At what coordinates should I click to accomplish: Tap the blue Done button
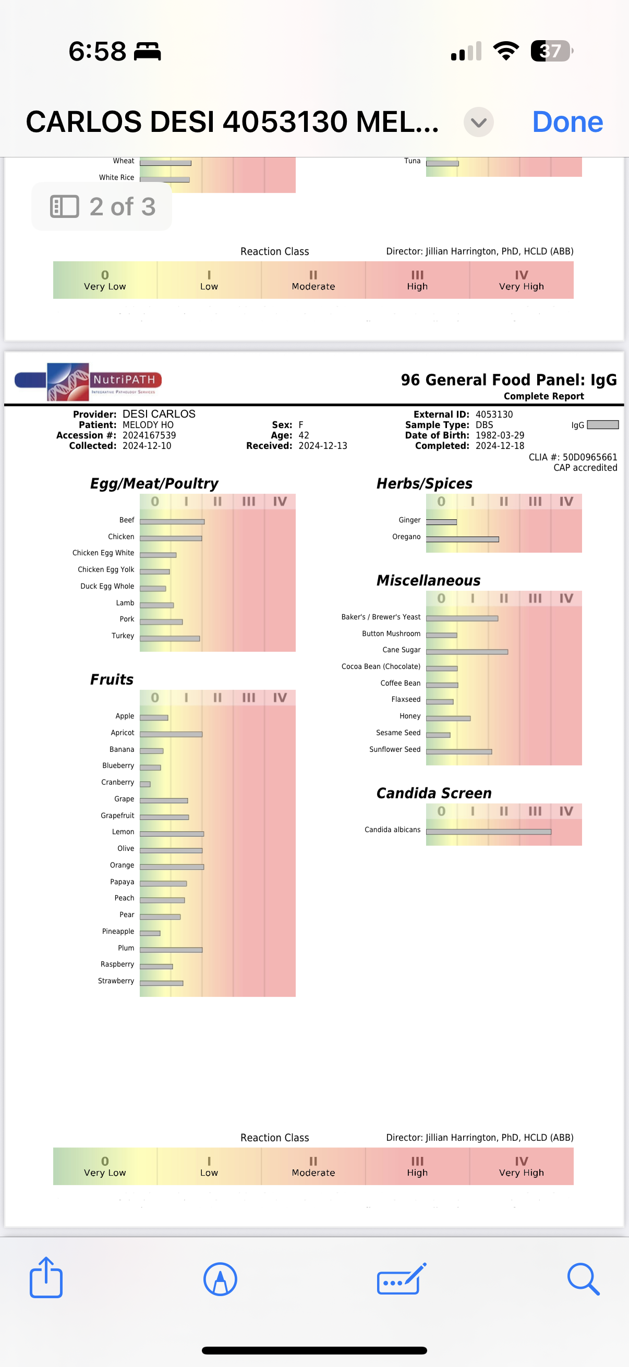point(567,122)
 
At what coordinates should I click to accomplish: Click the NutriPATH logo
point(88,381)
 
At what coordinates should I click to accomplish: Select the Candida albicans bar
point(488,832)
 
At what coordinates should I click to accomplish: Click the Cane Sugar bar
point(467,652)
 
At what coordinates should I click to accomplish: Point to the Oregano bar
point(462,539)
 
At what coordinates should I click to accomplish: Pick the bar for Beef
point(172,522)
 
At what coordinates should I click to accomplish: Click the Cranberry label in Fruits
point(117,782)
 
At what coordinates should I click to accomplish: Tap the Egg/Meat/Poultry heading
point(154,483)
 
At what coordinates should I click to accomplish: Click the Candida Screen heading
point(433,793)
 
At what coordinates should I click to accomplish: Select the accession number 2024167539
point(149,435)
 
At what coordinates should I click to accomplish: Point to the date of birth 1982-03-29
point(500,435)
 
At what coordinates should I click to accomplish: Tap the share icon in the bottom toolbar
point(46,1278)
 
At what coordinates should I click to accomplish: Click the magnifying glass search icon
point(583,1279)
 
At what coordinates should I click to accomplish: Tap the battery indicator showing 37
point(551,51)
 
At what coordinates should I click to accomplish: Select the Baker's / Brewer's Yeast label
point(381,617)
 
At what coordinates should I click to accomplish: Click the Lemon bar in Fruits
point(172,834)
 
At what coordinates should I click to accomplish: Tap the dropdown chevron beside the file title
point(478,122)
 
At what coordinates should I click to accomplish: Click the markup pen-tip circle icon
point(220,1279)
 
